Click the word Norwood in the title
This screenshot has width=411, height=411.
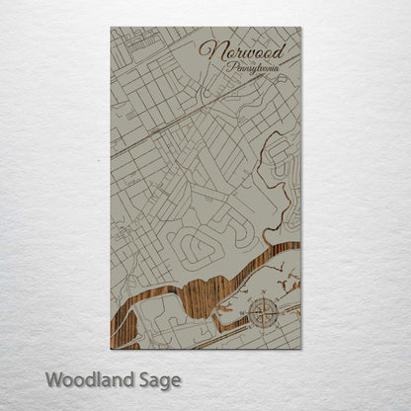(242, 49)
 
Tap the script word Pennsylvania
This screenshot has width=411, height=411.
(253, 69)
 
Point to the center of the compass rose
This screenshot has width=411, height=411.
(264, 315)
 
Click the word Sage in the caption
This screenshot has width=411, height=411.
(159, 380)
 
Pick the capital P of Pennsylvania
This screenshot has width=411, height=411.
(230, 68)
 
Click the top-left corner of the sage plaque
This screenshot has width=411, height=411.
(111, 28)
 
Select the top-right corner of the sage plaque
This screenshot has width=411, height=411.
(300, 28)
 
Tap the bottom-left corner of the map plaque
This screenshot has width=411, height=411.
(111, 349)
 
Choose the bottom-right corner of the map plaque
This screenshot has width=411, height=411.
(300, 349)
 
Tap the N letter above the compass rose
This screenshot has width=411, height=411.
(264, 300)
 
